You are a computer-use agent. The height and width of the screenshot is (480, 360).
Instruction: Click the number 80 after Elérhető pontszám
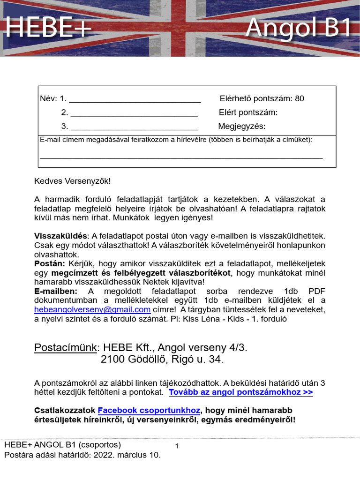300,98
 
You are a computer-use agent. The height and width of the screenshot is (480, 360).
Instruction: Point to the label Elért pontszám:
248,112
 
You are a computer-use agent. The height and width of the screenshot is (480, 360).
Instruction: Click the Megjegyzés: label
242,127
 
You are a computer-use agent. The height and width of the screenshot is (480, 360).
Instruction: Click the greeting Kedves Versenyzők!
73,181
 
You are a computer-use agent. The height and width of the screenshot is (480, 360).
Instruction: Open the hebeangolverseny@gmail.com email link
92,310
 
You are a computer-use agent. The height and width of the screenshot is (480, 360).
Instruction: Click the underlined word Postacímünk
65,348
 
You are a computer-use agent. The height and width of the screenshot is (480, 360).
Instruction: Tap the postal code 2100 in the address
112,360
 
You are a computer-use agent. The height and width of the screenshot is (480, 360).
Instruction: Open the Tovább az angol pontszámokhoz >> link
240,392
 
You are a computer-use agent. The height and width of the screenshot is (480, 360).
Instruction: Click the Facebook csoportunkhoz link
149,410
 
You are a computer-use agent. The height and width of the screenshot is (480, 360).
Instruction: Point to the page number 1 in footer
177,446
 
